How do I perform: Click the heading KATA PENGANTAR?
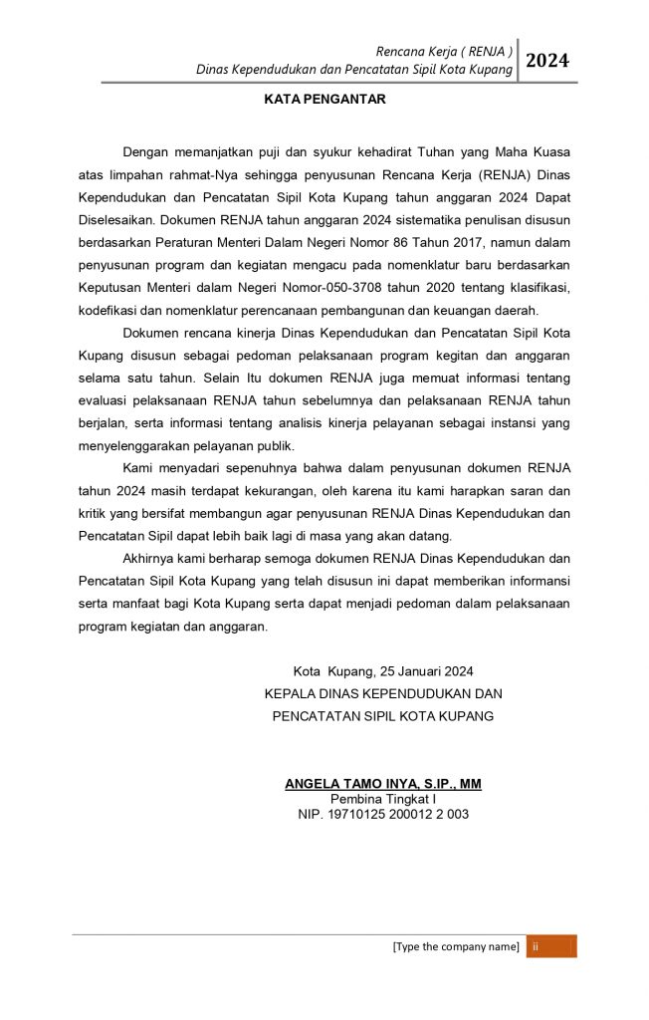(324, 100)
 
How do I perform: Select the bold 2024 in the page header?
(547, 61)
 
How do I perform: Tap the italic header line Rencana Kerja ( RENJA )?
(444, 51)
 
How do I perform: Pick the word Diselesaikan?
(115, 219)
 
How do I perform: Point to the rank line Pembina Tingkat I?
(383, 799)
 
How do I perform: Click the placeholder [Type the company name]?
(456, 946)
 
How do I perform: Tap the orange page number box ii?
(550, 946)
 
